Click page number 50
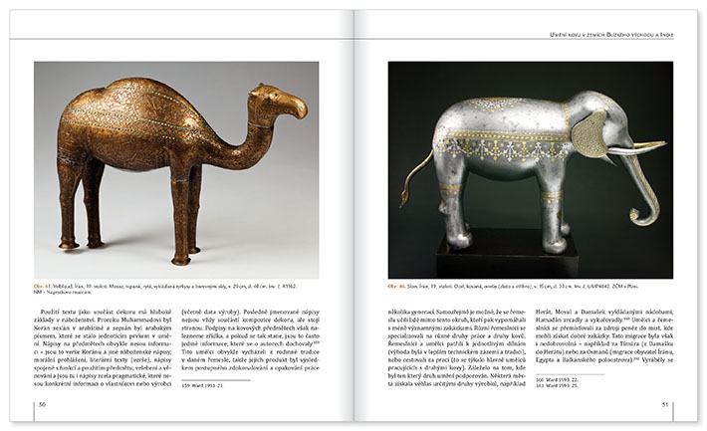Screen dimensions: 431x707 pyautogui.click(x=42, y=404)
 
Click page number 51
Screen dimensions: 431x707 pyautogui.click(x=666, y=404)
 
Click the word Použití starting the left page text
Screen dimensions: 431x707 pyautogui.click(x=60, y=313)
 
